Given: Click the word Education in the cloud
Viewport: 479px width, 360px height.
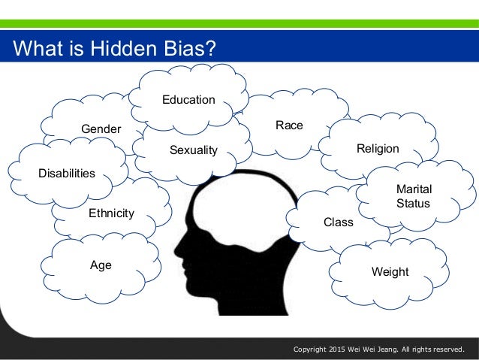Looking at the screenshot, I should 188,100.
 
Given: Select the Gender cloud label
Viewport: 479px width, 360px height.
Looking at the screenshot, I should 101,129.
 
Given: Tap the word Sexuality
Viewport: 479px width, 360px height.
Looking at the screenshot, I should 193,150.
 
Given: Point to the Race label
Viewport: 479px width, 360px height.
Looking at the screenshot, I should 289,126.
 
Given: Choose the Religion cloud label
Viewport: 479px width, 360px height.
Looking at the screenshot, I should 378,149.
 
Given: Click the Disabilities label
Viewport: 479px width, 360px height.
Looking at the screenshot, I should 67,174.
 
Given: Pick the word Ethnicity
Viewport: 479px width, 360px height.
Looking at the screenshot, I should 111,213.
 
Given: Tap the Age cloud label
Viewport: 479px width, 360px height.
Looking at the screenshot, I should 101,265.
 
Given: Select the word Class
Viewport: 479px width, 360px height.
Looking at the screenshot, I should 338,222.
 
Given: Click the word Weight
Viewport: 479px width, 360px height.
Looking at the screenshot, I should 390,272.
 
